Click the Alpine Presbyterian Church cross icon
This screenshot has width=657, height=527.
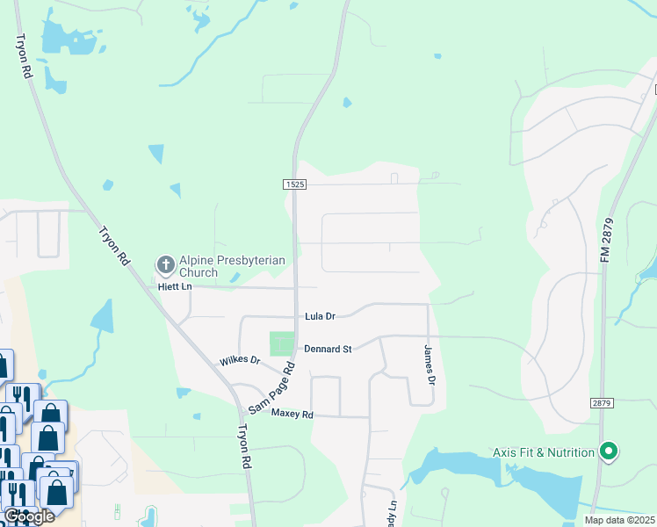pos(164,263)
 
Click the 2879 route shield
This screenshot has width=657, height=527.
pos(601,402)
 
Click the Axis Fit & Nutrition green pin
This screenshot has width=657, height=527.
pos(608,452)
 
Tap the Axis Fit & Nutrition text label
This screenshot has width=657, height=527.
pos(544,452)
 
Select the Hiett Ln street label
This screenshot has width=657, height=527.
pos(174,286)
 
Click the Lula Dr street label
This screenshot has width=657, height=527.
pos(320,316)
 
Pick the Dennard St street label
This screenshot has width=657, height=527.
pos(328,349)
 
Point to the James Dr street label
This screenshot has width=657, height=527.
pos(429,365)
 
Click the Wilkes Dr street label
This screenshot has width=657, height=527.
pos(240,360)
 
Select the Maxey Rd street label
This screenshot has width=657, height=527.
pos(292,413)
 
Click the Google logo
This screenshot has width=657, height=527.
pos(29,516)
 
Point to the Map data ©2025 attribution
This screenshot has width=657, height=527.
pos(619,520)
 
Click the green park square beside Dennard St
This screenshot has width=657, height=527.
pos(281,343)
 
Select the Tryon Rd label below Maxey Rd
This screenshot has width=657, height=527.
pos(245,448)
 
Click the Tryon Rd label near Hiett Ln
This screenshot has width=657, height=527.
pos(113,248)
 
